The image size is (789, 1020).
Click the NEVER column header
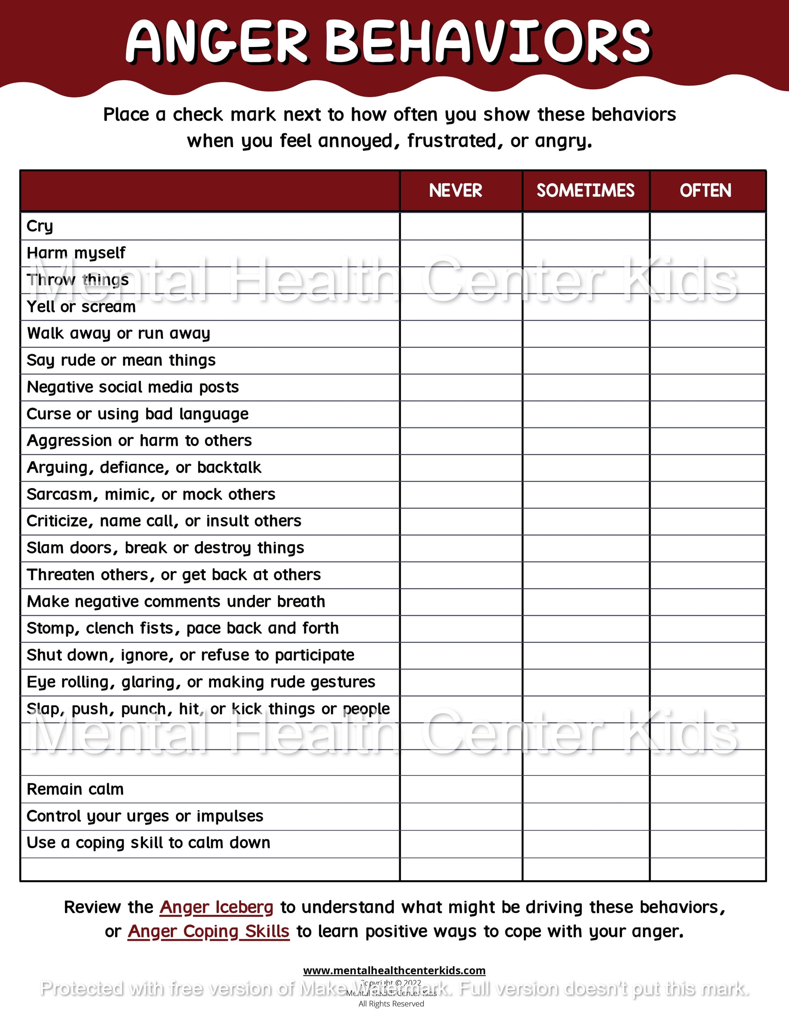coord(456,190)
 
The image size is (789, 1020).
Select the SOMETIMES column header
coord(585,190)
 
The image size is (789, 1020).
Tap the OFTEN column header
coord(705,190)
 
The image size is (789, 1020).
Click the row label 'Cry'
coord(40,226)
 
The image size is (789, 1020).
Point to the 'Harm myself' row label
coord(76,253)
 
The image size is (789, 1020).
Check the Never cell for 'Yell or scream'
coord(461,307)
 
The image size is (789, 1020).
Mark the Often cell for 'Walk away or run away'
coord(708,333)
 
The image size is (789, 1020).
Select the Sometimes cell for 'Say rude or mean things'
coord(586,361)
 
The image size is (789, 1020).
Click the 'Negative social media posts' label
coord(133,387)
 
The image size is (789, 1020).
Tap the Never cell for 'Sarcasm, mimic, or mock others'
coord(461,495)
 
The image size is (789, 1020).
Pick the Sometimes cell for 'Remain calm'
coord(586,789)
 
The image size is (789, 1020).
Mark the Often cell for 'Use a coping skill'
coord(708,843)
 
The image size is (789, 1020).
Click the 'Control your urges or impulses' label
coord(145,816)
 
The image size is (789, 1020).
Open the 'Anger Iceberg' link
coord(217,907)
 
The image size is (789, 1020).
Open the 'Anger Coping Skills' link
coord(208,931)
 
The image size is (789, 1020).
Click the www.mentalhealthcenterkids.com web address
coord(394,971)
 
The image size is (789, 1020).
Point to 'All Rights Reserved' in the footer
coord(391,1004)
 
